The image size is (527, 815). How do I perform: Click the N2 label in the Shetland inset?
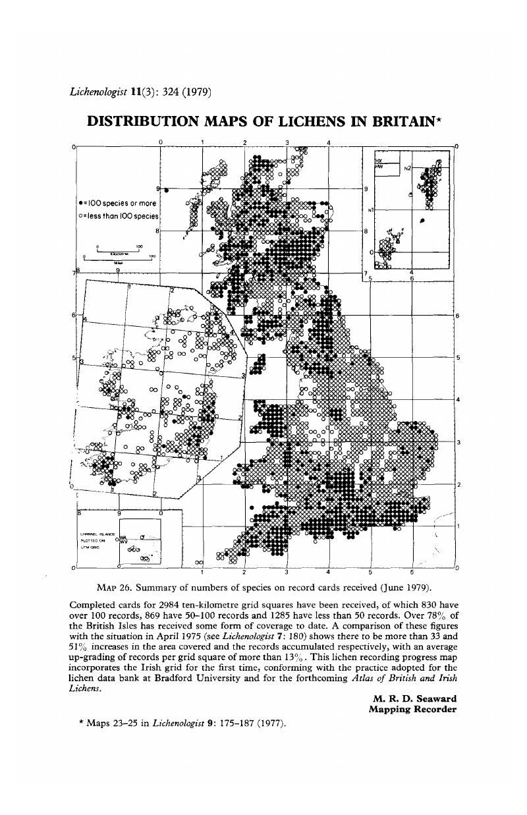click(x=408, y=168)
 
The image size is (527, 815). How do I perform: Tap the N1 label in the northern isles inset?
click(x=372, y=211)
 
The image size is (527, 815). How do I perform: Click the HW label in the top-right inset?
click(x=379, y=166)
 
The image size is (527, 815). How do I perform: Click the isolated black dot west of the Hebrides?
click(x=166, y=190)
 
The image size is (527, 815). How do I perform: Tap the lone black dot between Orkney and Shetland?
click(x=422, y=220)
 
